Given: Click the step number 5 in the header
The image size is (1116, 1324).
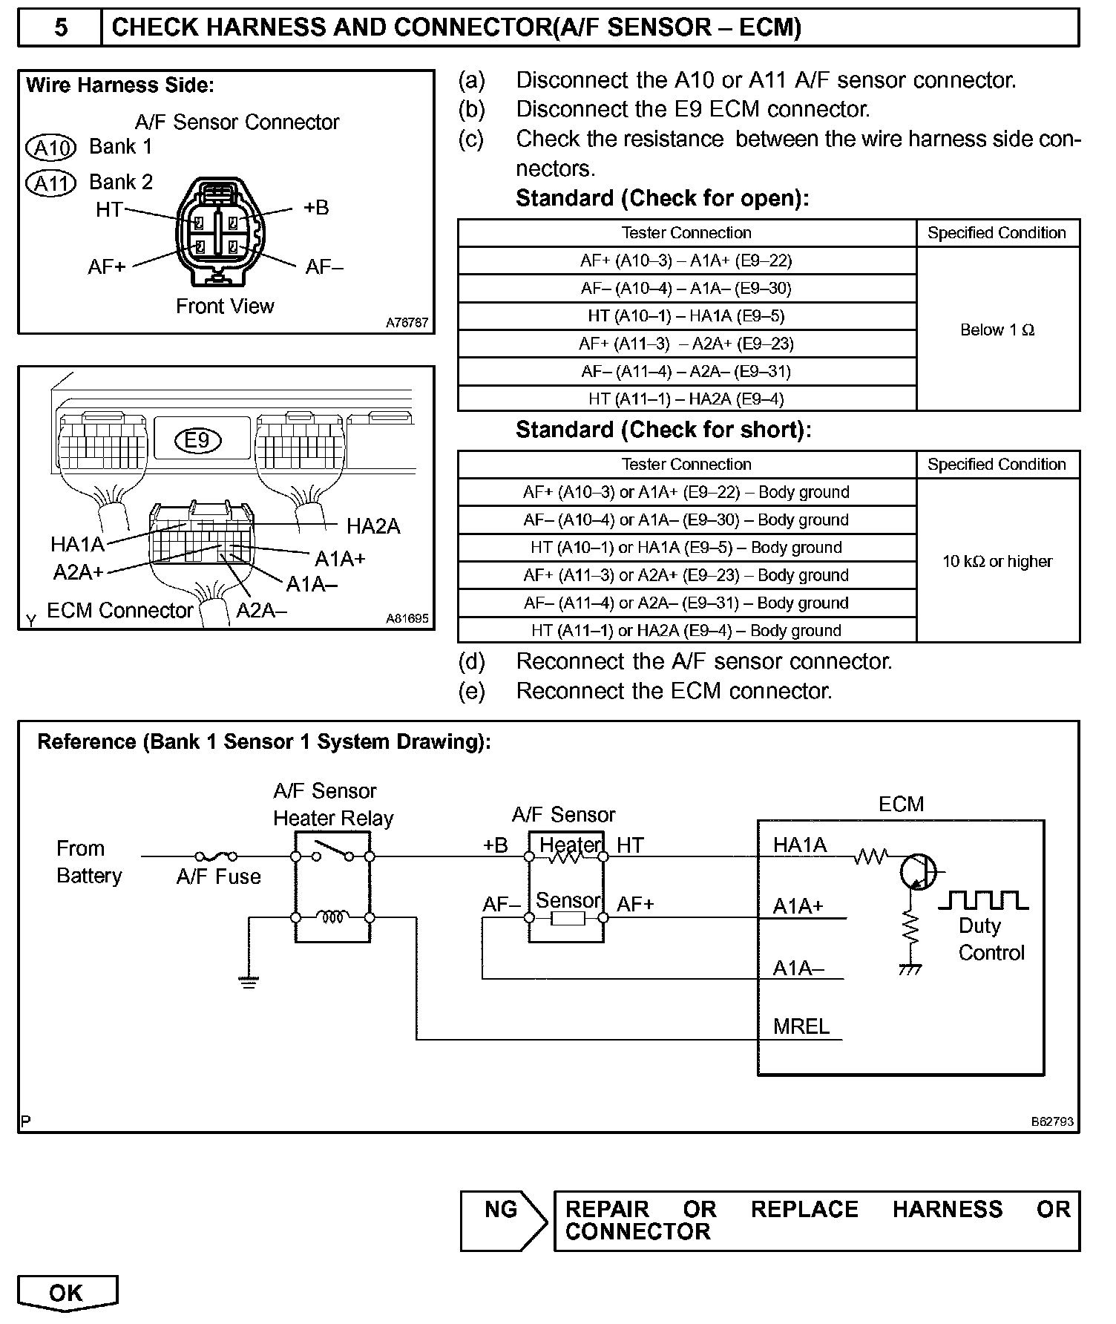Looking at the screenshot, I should tap(60, 28).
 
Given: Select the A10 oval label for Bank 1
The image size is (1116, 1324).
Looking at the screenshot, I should tap(51, 148).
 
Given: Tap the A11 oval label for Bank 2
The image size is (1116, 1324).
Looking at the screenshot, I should tap(51, 183).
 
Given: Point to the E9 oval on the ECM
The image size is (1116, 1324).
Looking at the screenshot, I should tap(197, 440).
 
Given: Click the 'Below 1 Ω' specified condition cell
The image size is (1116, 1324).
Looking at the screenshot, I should tap(997, 330).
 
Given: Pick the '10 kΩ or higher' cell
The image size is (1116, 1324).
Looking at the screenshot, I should tap(997, 561).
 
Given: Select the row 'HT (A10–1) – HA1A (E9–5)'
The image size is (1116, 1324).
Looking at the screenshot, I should tap(686, 316).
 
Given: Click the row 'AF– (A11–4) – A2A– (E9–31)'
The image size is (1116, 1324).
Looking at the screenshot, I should tap(686, 371).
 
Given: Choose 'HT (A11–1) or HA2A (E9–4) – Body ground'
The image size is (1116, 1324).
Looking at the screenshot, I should tap(686, 631).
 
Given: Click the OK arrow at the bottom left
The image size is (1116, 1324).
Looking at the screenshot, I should tap(67, 1293).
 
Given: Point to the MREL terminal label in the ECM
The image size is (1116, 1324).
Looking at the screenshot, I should tap(801, 1026).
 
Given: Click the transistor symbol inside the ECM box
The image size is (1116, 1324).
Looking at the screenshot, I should tap(918, 871).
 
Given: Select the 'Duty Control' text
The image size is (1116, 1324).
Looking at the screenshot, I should tap(991, 939).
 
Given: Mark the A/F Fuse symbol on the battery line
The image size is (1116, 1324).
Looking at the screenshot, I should tap(216, 856).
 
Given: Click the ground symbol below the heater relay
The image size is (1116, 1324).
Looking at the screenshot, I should tap(249, 982).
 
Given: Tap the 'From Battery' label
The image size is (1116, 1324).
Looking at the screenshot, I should tap(89, 862).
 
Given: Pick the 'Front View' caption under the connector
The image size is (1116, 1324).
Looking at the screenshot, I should tap(225, 306).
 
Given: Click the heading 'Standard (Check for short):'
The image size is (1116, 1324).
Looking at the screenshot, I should tap(663, 430).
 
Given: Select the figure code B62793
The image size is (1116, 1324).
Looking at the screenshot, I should tap(1051, 1121).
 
